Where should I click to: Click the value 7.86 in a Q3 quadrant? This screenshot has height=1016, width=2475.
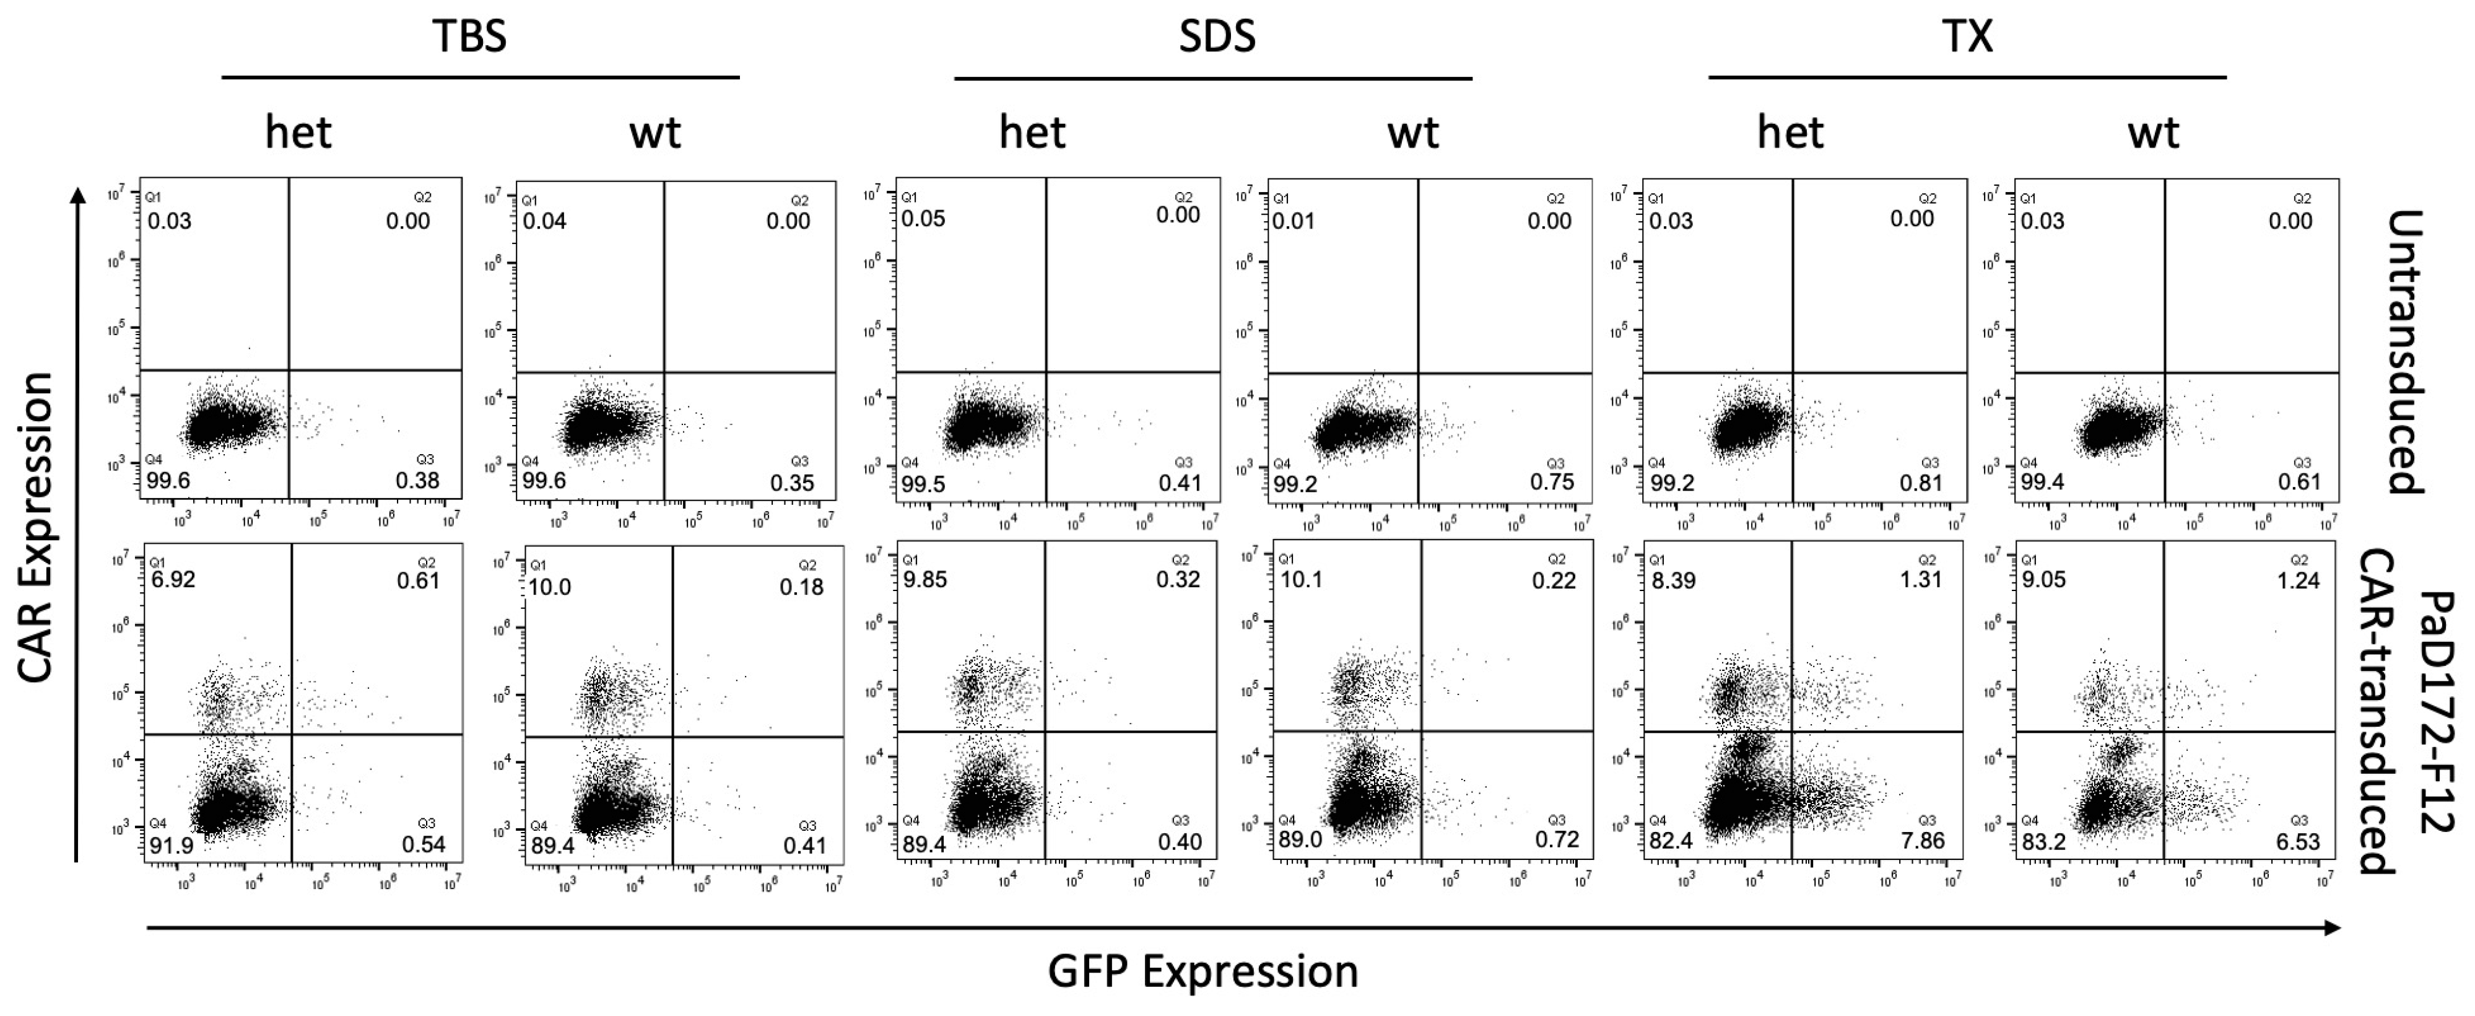1921,842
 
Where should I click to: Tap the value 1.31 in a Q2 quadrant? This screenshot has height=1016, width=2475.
1921,580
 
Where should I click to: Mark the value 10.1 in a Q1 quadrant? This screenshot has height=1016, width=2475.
1302,580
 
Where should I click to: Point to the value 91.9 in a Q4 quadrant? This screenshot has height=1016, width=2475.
169,846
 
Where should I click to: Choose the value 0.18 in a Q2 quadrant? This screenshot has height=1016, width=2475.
801,586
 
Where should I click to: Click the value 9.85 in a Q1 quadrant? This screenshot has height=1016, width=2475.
924,580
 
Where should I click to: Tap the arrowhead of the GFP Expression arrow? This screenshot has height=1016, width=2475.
2332,927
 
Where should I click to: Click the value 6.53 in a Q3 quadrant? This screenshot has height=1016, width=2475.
2299,842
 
